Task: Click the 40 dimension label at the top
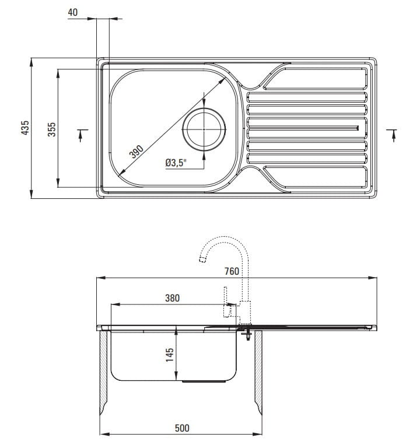pyautogui.click(x=73, y=12)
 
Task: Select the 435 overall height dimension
pyautogui.click(x=24, y=128)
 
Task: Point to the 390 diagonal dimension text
pyautogui.click(x=136, y=152)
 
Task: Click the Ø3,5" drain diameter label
pyautogui.click(x=174, y=163)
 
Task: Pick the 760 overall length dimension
pyautogui.click(x=232, y=271)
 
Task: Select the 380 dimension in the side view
pyautogui.click(x=171, y=298)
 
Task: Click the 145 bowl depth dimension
pyautogui.click(x=170, y=355)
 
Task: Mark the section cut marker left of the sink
pyautogui.click(x=81, y=135)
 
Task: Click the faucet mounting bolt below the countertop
pyautogui.click(x=249, y=335)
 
